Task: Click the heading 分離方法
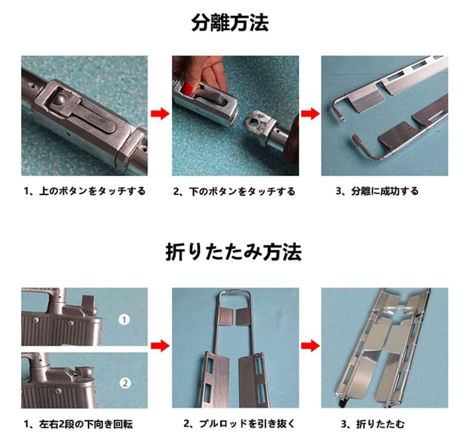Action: [x=230, y=23]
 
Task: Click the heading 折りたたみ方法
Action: [x=234, y=252]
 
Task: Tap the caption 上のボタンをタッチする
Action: [x=93, y=191]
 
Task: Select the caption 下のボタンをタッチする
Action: [x=242, y=191]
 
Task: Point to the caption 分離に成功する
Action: [x=385, y=191]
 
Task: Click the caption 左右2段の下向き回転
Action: [x=86, y=424]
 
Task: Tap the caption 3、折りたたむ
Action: [x=373, y=424]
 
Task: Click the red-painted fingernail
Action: [x=188, y=89]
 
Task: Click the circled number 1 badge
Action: [x=124, y=320]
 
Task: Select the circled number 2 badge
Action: [x=125, y=383]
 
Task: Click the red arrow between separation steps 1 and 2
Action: [x=160, y=114]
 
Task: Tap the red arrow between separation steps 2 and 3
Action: [x=310, y=114]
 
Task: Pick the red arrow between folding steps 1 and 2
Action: [x=160, y=346]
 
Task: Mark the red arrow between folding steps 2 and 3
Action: [x=310, y=346]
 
